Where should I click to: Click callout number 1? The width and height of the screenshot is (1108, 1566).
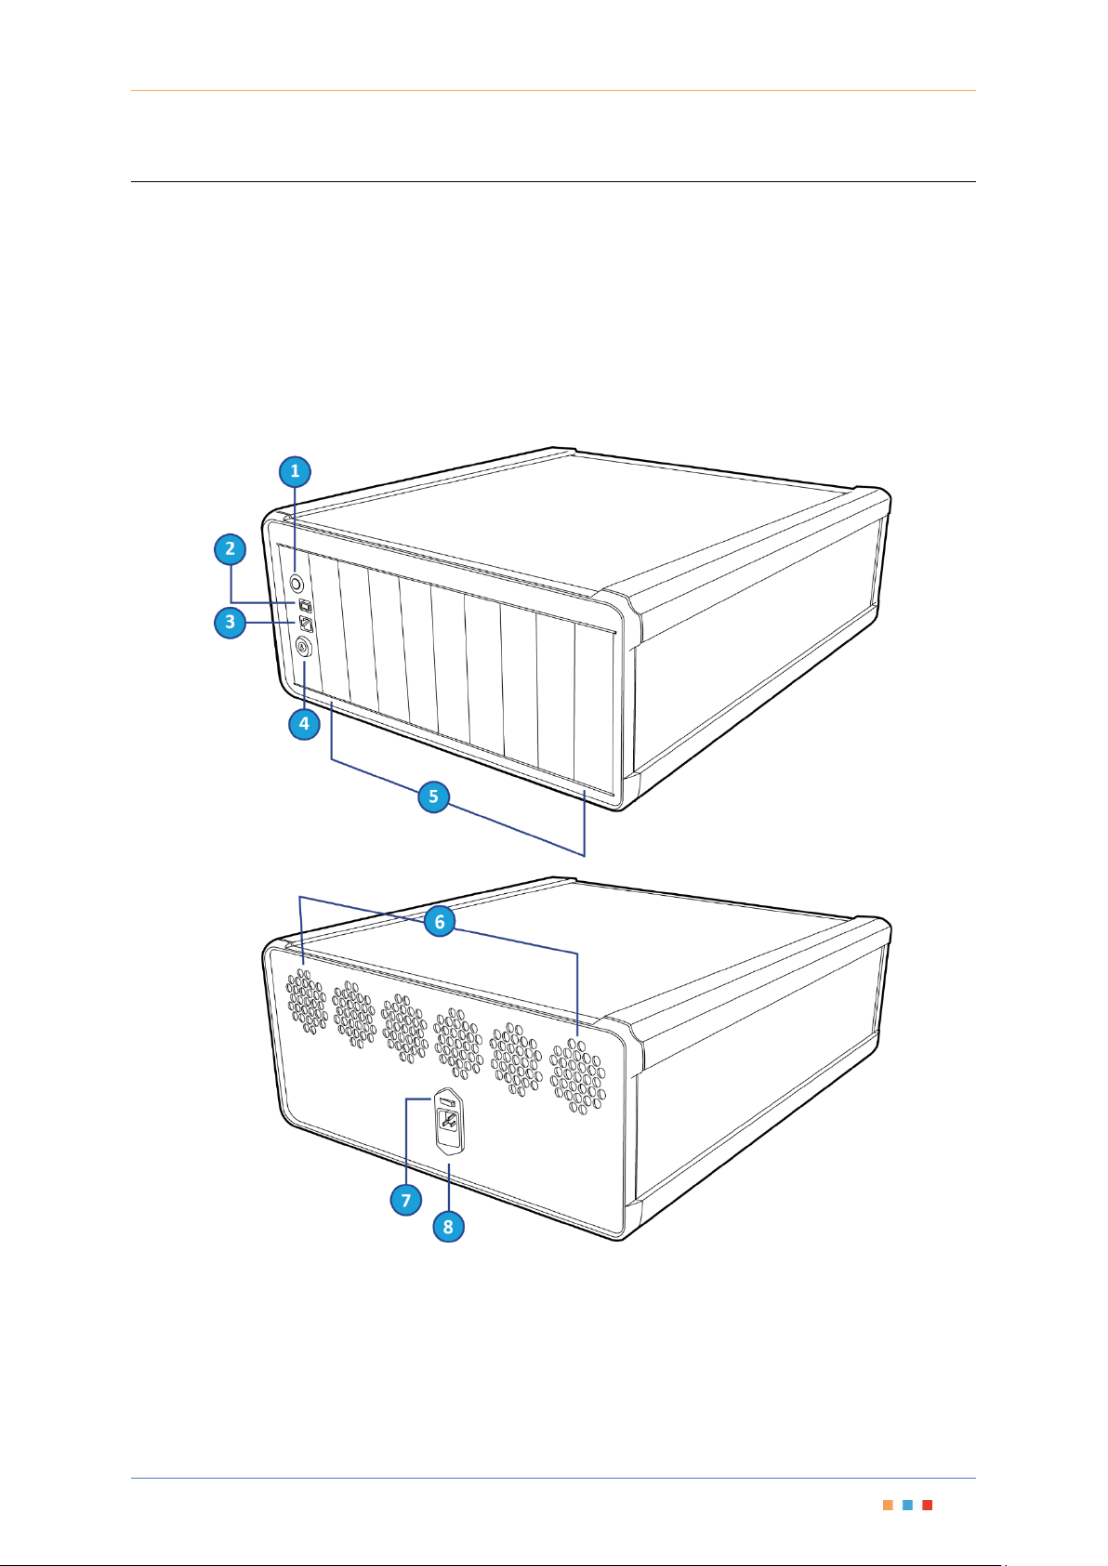(295, 471)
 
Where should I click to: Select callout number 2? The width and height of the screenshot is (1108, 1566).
(230, 549)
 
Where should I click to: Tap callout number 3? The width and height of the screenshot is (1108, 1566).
(230, 622)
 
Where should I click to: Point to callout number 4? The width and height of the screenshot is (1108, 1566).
(304, 724)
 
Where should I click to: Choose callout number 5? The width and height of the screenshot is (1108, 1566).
(433, 796)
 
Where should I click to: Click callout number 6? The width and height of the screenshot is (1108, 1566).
(440, 922)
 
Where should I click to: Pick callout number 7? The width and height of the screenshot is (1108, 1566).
(406, 1201)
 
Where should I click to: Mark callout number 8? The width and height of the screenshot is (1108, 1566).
(448, 1226)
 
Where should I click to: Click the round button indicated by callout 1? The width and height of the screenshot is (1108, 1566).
(297, 583)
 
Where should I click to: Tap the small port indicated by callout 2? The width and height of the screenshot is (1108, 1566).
(306, 605)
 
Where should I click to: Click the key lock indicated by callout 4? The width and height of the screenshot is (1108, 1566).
(303, 648)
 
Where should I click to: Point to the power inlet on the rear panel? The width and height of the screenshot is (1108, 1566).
(448, 1123)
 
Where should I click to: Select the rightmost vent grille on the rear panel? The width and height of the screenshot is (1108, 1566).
(578, 1076)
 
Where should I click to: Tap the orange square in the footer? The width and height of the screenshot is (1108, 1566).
(888, 1506)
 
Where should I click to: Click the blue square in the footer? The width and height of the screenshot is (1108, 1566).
(907, 1506)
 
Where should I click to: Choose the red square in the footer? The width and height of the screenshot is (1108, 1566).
(927, 1506)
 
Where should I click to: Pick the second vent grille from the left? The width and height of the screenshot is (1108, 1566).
(354, 1015)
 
